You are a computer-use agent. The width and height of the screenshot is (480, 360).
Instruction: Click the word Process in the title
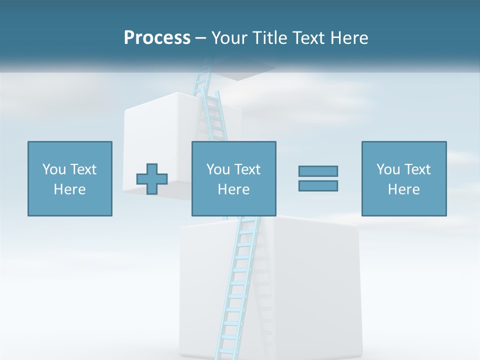tap(157, 38)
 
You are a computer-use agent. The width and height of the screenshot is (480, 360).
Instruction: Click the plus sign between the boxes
tap(152, 178)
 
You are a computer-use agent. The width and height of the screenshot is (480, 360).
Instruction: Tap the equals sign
tap(318, 178)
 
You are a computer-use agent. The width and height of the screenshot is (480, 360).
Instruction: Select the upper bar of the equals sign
tap(318, 171)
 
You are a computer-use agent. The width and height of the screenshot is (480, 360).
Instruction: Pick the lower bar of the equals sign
tap(318, 185)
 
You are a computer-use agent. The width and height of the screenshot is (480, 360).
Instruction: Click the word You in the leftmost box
tap(54, 169)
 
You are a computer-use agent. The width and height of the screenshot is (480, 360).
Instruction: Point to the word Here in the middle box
tap(233, 189)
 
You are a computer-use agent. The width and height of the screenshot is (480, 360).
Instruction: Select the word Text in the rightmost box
tap(417, 169)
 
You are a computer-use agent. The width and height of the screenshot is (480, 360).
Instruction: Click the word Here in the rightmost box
tap(403, 189)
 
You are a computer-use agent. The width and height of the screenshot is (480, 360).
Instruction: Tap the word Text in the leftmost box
tap(83, 169)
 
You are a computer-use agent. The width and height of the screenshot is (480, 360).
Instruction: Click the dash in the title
tap(201, 38)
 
